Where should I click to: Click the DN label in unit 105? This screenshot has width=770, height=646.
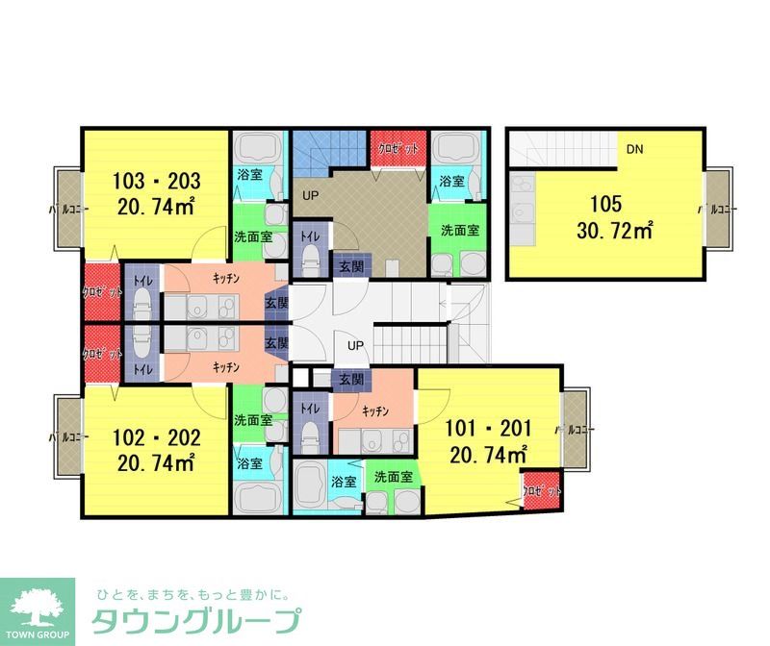634,149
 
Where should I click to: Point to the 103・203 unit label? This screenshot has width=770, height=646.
156,181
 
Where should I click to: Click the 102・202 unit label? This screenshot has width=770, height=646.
156,438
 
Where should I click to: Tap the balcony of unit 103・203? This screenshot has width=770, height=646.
66,208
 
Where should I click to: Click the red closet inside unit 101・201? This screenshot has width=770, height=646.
541,490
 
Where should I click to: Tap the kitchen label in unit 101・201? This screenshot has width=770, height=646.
375,410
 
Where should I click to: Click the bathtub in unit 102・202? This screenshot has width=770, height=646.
256,497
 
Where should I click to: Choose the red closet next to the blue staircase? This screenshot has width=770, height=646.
398,149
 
